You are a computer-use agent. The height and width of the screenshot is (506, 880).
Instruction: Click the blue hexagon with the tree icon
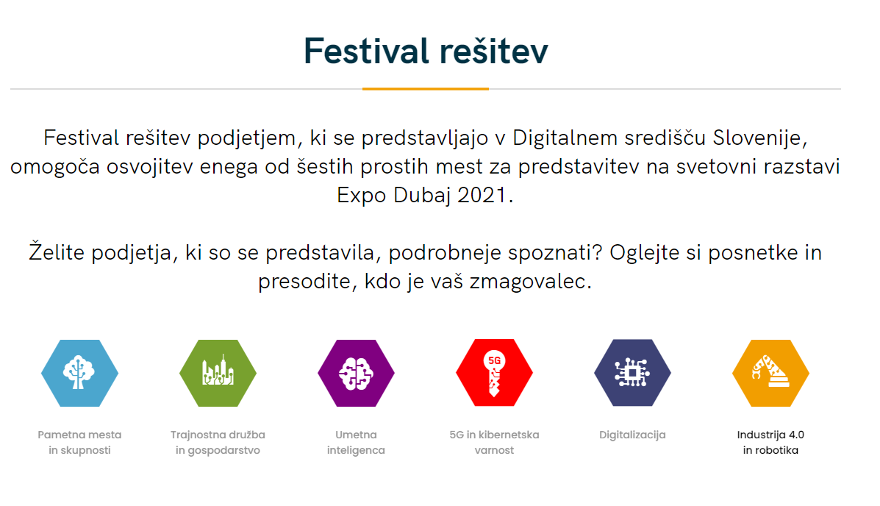tap(79, 373)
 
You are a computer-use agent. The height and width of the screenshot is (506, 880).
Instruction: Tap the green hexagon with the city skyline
tap(218, 373)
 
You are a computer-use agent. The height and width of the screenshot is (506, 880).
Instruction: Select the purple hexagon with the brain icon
tap(356, 373)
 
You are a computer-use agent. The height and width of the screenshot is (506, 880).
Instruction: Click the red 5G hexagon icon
tap(494, 372)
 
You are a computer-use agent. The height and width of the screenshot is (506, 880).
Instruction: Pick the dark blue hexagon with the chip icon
tap(632, 372)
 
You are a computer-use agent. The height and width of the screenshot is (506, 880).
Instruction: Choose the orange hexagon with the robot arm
tap(770, 373)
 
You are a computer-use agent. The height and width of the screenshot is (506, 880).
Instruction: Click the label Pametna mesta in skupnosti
tap(79, 443)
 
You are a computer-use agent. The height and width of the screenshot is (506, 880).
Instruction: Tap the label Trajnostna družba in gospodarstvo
tap(218, 443)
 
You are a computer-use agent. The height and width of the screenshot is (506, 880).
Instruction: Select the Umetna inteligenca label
tap(356, 443)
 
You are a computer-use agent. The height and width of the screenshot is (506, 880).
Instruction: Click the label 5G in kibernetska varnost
tap(494, 443)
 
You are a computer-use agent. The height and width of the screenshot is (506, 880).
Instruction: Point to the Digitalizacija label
tap(632, 435)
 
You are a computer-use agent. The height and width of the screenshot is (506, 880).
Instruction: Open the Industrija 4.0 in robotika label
tap(770, 443)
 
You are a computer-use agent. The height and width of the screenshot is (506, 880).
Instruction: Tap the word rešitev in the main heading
tap(494, 52)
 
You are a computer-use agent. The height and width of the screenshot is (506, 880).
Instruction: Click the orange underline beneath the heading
tap(426, 89)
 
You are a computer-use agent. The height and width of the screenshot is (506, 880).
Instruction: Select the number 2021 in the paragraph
tap(482, 196)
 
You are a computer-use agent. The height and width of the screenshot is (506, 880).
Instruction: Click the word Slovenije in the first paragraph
tap(760, 138)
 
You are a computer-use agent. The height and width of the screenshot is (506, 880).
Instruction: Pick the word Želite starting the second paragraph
tap(57, 252)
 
